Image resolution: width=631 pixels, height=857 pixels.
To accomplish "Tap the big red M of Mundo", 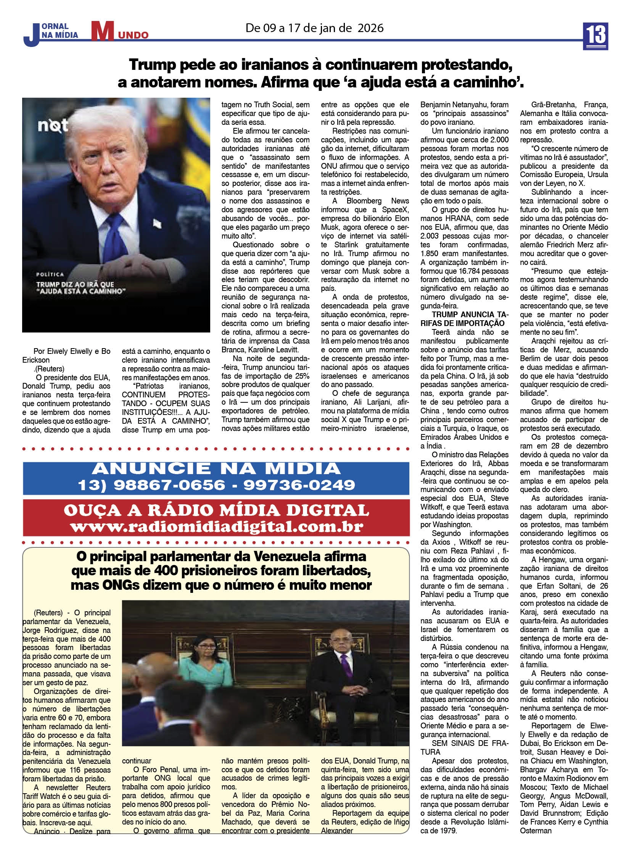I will pyautogui.click(x=102, y=32).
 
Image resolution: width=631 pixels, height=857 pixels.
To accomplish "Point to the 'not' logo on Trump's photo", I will pyautogui.click(x=53, y=125).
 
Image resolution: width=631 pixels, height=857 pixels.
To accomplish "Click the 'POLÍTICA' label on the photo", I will pyautogui.click(x=50, y=274).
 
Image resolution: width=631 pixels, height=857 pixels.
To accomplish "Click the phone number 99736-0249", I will pyautogui.click(x=299, y=485).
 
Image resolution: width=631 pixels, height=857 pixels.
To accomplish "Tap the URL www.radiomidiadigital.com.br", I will pyautogui.click(x=216, y=527).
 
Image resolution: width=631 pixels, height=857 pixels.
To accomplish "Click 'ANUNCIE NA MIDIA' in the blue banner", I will pyautogui.click(x=216, y=468).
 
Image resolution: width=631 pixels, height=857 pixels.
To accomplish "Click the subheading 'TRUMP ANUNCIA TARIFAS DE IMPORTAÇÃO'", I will pyautogui.click(x=464, y=319).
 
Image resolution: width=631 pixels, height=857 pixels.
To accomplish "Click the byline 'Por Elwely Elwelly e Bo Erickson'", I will pyautogui.click(x=66, y=355).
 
